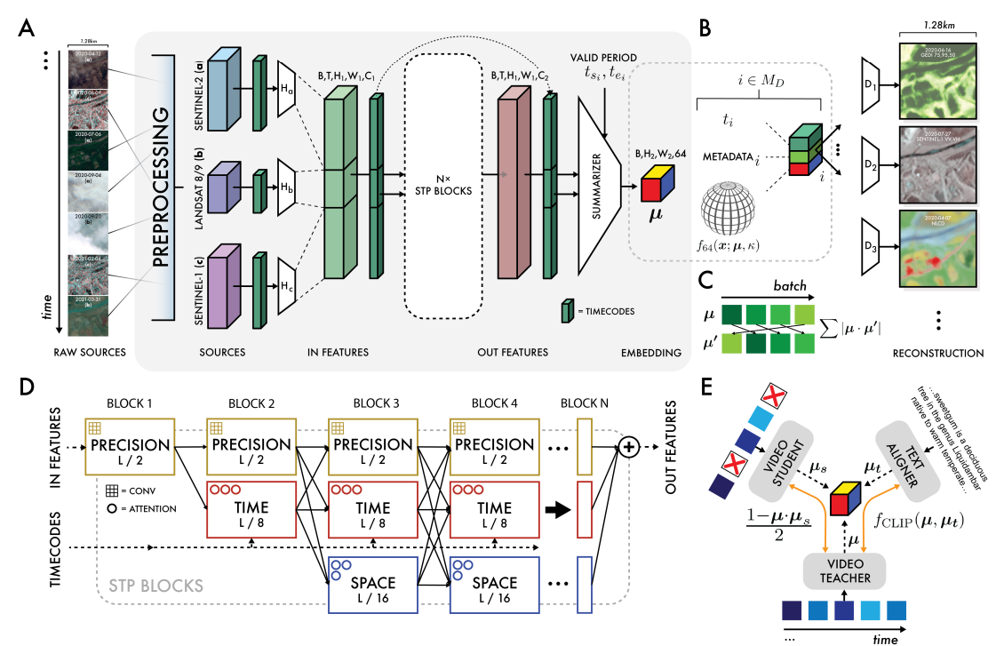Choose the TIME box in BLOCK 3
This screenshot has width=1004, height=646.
372,513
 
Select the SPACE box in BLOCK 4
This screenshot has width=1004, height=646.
494,584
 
